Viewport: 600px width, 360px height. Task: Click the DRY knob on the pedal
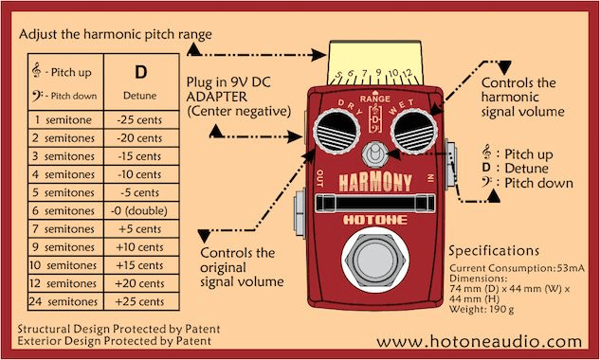pos(336,132)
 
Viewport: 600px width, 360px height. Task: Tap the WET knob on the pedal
pos(414,132)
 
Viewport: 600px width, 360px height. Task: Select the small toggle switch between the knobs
pos(374,154)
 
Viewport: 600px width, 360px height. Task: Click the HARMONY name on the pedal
pos(375,182)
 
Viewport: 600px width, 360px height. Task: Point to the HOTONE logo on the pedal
pos(375,220)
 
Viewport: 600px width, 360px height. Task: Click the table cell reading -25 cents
pos(139,119)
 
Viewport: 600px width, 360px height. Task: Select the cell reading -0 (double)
pos(139,211)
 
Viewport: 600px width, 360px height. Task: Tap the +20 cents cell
pos(139,283)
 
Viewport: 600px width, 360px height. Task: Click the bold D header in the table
pos(141,72)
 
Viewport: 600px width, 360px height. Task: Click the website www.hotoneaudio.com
pos(480,341)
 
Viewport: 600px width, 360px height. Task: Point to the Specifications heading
pos(494,251)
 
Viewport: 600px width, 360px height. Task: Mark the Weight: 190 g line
pos(482,309)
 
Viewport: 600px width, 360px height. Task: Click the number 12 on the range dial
pos(408,73)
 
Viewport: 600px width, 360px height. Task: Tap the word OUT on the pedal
pos(319,179)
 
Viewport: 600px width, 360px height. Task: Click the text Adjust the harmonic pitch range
pos(116,34)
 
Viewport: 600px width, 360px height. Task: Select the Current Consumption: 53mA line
pos(517,268)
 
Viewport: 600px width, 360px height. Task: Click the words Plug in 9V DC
pos(228,82)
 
